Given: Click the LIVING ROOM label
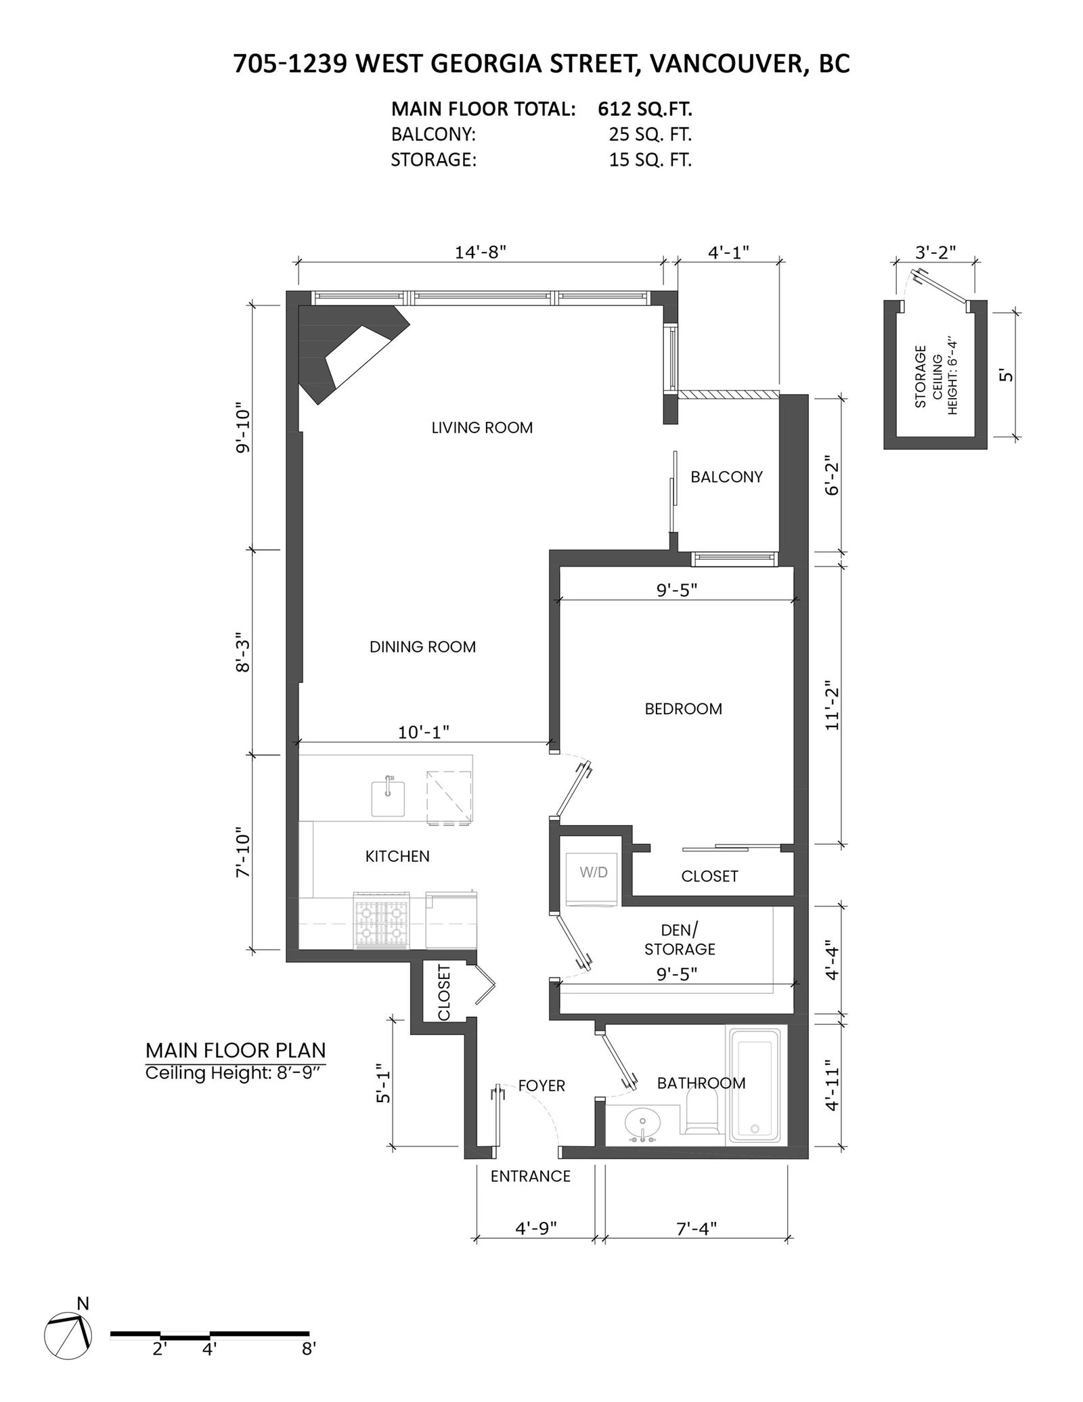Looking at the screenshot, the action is point(482,428).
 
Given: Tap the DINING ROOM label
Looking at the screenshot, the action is point(422,647).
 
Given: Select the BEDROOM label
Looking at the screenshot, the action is point(683,709).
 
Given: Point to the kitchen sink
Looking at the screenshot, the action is point(388,797).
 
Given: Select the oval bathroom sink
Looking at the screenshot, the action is point(642,1124).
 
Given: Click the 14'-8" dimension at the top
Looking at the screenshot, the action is point(480,252).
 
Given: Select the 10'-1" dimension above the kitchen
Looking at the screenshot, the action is point(424,732).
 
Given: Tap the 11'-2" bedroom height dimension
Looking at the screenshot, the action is point(831,709).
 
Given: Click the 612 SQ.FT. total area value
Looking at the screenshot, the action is point(644,109).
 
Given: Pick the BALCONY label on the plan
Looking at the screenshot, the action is point(726,477).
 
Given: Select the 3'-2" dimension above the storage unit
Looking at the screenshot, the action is point(935,252).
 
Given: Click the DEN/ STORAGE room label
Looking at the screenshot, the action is point(680,940).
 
